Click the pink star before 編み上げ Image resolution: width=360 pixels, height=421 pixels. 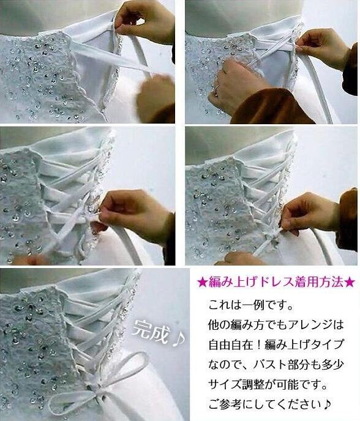[201, 283]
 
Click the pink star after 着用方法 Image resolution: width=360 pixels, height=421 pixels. [350, 283]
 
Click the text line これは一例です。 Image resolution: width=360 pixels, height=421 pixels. [250, 305]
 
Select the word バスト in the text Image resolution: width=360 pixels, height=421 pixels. [270, 364]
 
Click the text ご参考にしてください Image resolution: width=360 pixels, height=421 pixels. [265, 404]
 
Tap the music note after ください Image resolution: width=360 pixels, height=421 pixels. [327, 404]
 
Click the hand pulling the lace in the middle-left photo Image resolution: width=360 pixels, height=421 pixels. [134, 215]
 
